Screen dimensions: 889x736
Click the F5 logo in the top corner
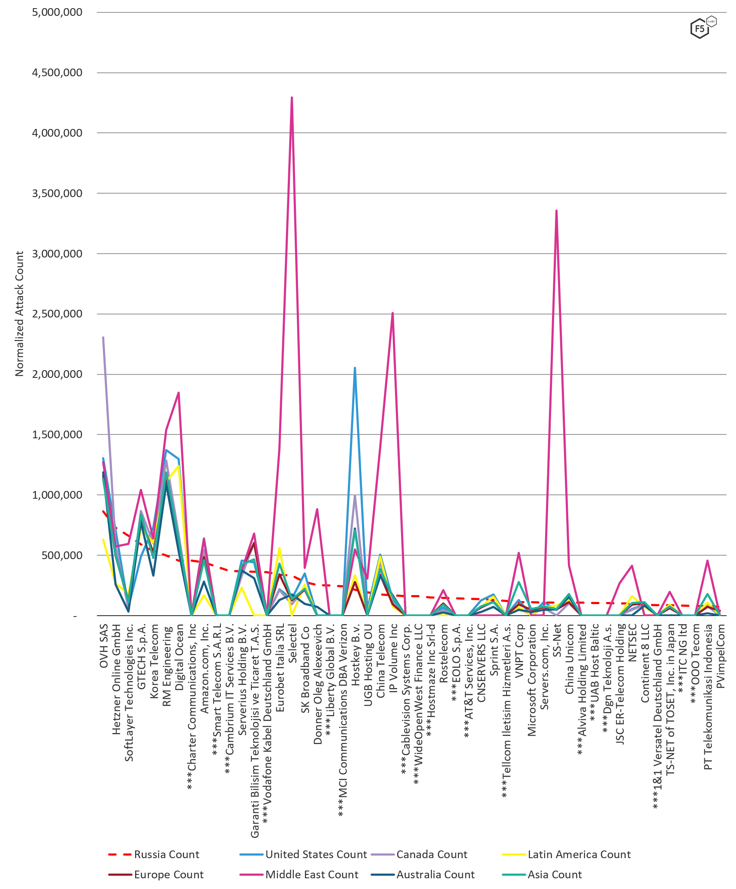[x=703, y=28]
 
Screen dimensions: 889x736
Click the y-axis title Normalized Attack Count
[x=19, y=314]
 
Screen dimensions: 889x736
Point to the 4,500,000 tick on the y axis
[x=57, y=72]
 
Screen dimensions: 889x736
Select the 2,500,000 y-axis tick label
[x=57, y=314]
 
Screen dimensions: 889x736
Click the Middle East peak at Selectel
[x=292, y=98]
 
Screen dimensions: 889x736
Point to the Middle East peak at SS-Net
[x=556, y=211]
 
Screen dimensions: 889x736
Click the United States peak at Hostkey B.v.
[x=355, y=368]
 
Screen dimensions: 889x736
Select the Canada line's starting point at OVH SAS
[x=103, y=338]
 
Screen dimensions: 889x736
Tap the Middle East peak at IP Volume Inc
[x=392, y=313]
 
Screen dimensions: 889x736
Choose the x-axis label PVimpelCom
[x=721, y=656]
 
